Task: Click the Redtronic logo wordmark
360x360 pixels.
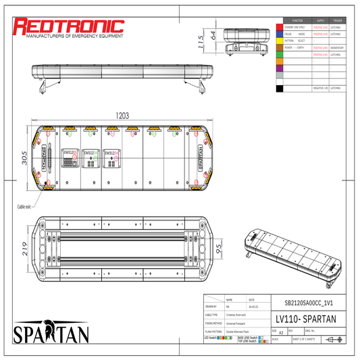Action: tap(70, 26)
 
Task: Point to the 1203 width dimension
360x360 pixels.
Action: tap(122, 116)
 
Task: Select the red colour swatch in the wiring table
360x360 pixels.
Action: tap(280, 26)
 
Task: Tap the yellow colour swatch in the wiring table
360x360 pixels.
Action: tap(280, 41)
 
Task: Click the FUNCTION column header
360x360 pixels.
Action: tap(297, 20)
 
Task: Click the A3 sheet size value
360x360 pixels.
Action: tap(280, 333)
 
